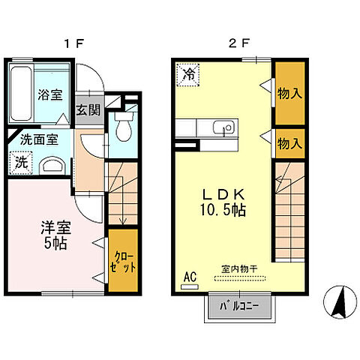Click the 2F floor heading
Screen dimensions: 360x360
click(x=239, y=43)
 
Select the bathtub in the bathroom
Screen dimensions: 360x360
click(x=22, y=94)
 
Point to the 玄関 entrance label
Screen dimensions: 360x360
click(x=86, y=109)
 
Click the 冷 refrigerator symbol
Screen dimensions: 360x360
click(x=188, y=74)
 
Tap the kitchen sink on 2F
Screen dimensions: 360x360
click(x=219, y=127)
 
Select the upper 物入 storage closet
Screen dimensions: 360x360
click(x=289, y=94)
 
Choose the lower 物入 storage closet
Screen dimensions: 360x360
click(x=289, y=142)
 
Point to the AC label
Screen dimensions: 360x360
click(x=189, y=277)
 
